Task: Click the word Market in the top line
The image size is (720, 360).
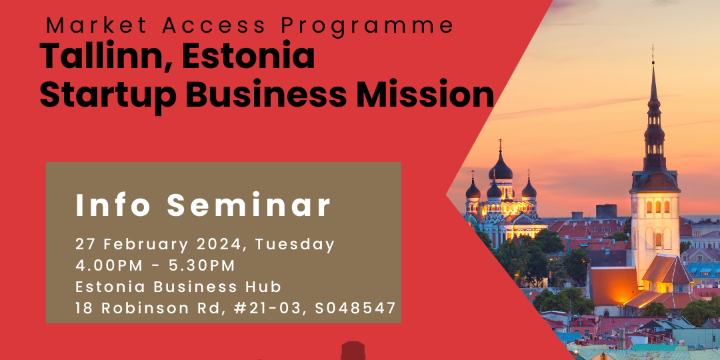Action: (96, 26)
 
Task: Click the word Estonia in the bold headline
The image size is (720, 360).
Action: (249, 55)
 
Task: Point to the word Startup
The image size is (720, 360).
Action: (108, 95)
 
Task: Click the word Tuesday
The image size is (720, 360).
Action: (295, 245)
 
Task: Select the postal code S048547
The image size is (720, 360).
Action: (355, 307)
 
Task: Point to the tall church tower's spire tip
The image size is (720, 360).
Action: (652, 46)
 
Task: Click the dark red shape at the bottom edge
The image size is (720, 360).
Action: (353, 351)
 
